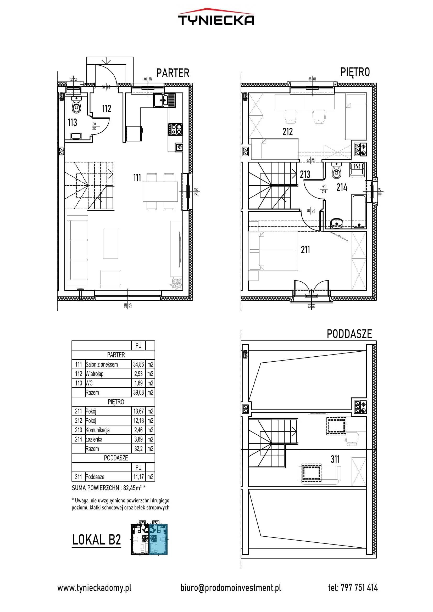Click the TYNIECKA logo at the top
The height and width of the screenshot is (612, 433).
coord(216,18)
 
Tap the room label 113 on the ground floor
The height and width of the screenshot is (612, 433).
coord(72,122)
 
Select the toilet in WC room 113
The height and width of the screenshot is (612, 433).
coord(76,105)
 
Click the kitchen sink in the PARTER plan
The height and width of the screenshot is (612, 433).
coord(164,100)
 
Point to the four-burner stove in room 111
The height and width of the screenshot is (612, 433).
coord(175,129)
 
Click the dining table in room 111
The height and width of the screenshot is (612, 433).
coord(160,192)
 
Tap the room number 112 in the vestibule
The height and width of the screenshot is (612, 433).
coord(107,109)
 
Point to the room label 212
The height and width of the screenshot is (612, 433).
coord(287,132)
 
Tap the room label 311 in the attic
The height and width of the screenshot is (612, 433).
coord(335,459)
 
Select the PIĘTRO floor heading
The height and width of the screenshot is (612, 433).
coord(355,72)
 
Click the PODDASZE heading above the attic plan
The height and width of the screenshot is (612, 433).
coord(349,334)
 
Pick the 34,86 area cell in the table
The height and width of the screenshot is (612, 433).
coord(138,364)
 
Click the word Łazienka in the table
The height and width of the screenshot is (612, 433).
coord(94,439)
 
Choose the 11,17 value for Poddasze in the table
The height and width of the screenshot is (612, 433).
coord(138,476)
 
